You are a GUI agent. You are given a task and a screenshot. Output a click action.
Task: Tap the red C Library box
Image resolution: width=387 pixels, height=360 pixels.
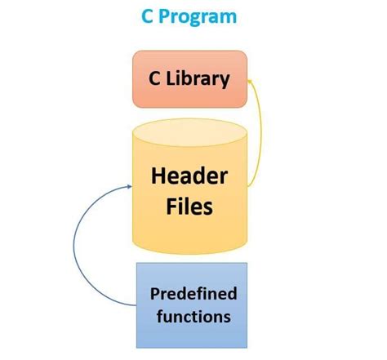189,79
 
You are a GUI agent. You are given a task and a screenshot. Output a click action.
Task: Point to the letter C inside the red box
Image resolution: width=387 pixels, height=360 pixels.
153,79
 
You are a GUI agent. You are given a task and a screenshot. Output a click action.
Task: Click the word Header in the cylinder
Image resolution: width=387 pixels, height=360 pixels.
189,176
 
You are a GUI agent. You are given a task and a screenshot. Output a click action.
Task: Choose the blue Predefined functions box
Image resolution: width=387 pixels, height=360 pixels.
189,295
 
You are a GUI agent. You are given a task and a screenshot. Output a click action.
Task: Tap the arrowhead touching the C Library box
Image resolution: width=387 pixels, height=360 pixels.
251,81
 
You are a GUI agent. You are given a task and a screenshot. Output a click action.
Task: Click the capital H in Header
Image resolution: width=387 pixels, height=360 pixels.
158,176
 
